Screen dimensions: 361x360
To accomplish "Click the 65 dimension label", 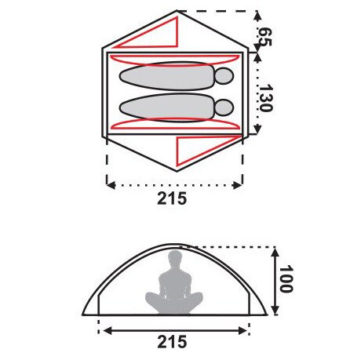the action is click(264, 37).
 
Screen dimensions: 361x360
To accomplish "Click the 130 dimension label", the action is click(265, 98).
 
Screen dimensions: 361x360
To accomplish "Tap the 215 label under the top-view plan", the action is click(172, 198).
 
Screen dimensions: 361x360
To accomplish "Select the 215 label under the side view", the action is click(172, 341).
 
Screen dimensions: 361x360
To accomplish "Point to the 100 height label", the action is click(286, 279).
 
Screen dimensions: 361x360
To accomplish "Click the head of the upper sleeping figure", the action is click(224, 76).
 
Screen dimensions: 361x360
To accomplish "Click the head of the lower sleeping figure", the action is click(224, 107).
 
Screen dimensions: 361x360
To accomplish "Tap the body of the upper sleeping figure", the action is click(167, 76).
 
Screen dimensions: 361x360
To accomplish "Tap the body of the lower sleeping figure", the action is click(167, 107).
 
